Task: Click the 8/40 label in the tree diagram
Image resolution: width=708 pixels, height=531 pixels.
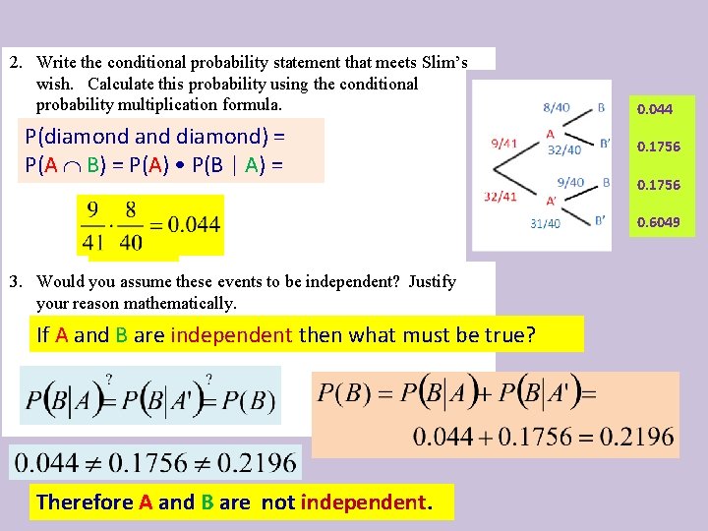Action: click(x=556, y=107)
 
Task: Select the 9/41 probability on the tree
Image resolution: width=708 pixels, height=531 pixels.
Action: click(x=502, y=144)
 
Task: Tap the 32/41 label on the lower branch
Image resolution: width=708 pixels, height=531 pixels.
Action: click(x=500, y=197)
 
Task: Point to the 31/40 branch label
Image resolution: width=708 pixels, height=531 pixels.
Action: click(x=545, y=223)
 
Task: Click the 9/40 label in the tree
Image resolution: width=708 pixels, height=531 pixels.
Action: click(x=570, y=182)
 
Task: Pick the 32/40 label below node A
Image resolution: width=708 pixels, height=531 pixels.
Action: click(x=563, y=150)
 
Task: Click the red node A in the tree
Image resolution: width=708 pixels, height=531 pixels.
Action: click(x=550, y=134)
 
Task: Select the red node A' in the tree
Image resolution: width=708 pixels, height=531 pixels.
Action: click(x=551, y=202)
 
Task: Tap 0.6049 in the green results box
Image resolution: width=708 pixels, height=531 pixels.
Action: click(x=658, y=221)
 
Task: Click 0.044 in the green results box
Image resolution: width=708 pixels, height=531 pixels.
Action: click(x=655, y=109)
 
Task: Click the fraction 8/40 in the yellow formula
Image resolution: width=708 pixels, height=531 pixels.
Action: click(x=130, y=224)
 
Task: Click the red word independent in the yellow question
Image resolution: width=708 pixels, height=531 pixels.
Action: click(x=231, y=334)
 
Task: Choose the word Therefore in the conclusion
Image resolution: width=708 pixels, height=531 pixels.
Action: click(x=85, y=501)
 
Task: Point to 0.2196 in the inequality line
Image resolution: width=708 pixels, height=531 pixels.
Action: click(x=256, y=461)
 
